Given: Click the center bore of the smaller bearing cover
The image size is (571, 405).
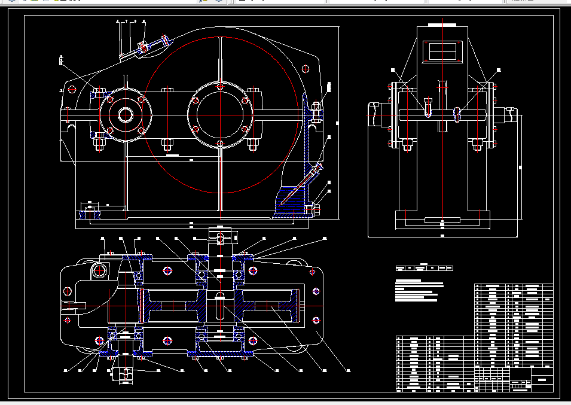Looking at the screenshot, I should point(126,114).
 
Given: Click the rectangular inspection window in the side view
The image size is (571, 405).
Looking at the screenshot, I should point(442,51).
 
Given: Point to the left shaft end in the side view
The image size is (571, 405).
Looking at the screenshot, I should point(375,114).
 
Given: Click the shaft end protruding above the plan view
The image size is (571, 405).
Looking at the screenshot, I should point(220,237).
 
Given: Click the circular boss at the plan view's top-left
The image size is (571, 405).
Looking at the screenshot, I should point(99,271).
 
